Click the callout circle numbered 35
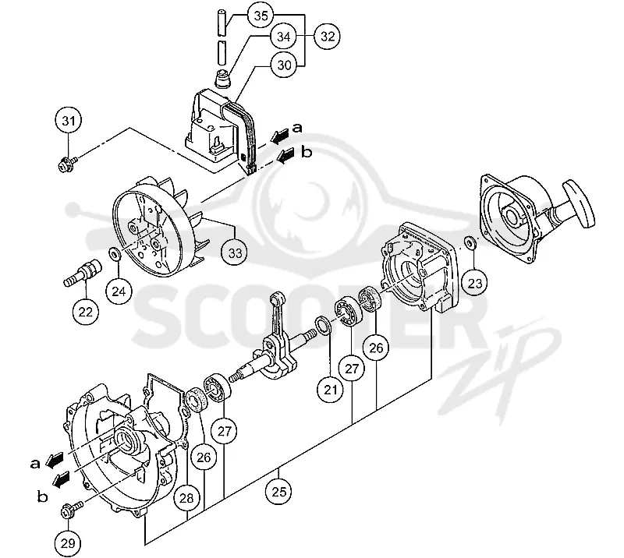click(261, 16)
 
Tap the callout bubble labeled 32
click(327, 36)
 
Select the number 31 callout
click(69, 120)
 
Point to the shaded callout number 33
click(235, 253)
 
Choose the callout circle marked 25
click(278, 492)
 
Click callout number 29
click(68, 543)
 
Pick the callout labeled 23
click(475, 283)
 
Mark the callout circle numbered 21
click(330, 390)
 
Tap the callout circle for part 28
click(186, 498)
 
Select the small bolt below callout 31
click(66, 164)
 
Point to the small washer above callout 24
click(115, 254)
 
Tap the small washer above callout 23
click(470, 242)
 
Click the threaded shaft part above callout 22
click(83, 273)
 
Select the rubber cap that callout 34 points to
click(223, 79)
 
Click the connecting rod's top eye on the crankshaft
click(277, 298)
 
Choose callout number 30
click(284, 65)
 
